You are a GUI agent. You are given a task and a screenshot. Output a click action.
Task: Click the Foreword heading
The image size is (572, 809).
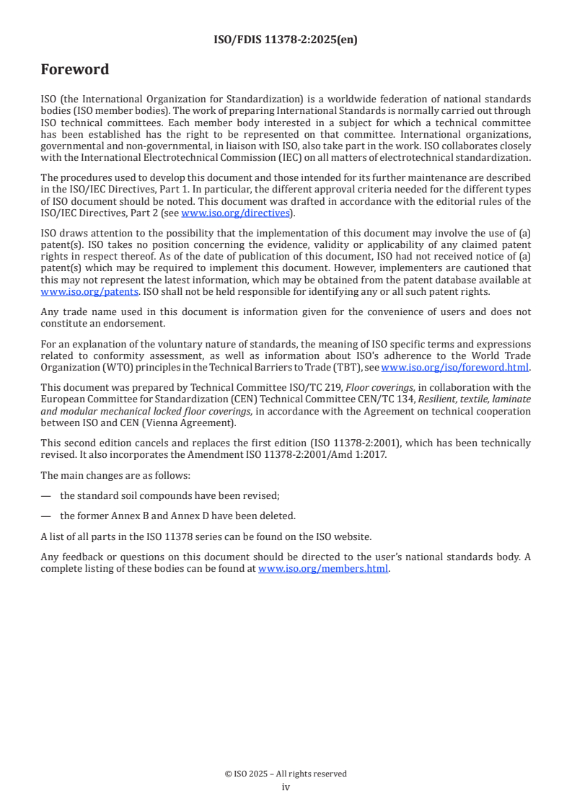[x=75, y=70]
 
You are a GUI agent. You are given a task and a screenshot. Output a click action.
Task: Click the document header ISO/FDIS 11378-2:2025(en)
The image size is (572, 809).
[x=286, y=40]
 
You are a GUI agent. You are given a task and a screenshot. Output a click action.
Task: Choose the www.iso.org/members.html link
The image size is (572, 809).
[x=323, y=568]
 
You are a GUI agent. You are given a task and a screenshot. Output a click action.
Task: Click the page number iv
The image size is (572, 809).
[x=286, y=787]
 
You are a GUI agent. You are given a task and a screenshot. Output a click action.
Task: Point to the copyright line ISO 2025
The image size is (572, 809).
[x=286, y=774]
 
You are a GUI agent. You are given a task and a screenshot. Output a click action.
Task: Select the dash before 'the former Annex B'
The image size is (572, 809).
[x=46, y=516]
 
